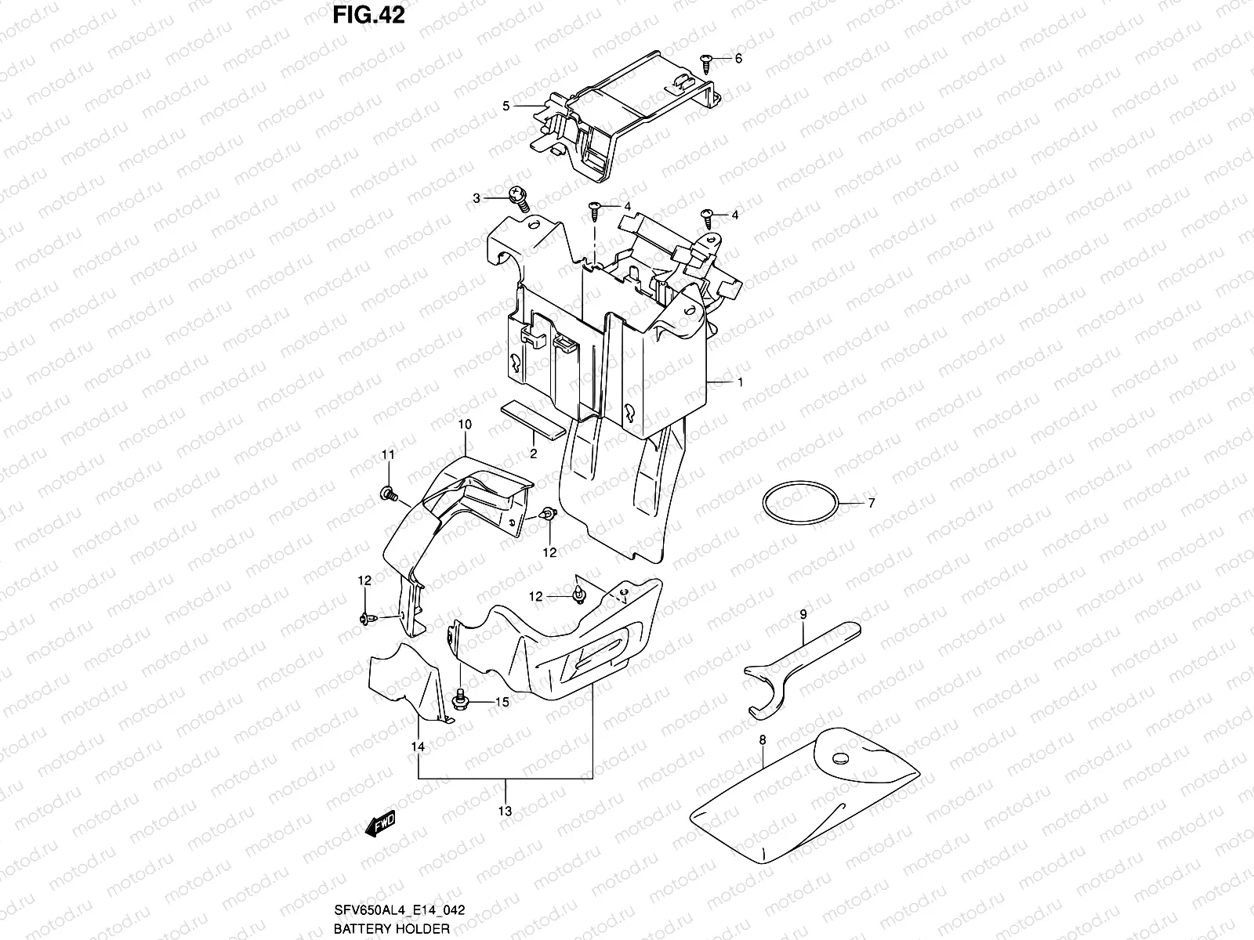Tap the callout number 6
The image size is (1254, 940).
point(738,59)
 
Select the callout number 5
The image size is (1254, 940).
point(506,106)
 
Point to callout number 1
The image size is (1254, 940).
point(739,383)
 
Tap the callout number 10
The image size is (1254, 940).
point(464,425)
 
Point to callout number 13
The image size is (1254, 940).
point(505,811)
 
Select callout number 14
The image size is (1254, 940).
point(418,747)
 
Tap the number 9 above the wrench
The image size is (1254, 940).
point(803,616)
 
